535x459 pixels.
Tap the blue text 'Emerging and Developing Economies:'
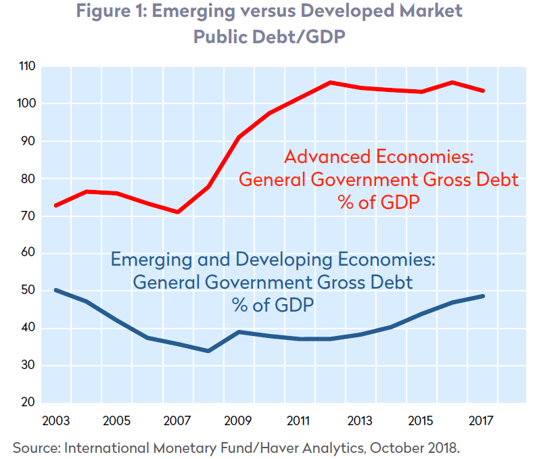pos(272,260)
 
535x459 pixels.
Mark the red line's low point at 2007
pos(178,212)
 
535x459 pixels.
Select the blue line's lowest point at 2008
pos(208,351)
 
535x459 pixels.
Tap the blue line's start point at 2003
pos(55,290)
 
